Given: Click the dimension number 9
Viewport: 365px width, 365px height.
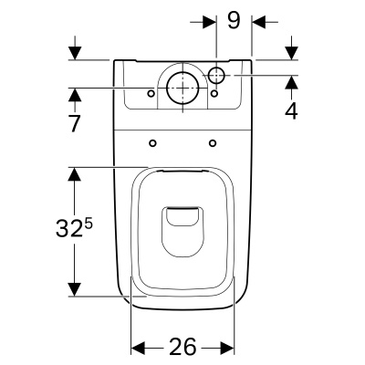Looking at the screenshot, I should click(x=234, y=19).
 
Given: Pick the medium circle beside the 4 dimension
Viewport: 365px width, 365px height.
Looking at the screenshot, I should click(x=217, y=74).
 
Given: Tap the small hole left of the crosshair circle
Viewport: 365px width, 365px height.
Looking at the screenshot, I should click(x=152, y=92).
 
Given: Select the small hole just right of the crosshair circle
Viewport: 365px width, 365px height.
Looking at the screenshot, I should click(x=214, y=92).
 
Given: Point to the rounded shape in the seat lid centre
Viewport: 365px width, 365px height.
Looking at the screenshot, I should click(x=183, y=227).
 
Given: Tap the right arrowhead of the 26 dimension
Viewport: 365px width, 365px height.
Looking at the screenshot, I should click(x=231, y=348).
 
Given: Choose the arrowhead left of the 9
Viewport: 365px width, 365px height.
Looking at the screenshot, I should click(x=211, y=19).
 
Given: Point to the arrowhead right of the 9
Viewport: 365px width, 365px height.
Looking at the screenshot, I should click(x=257, y=19).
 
